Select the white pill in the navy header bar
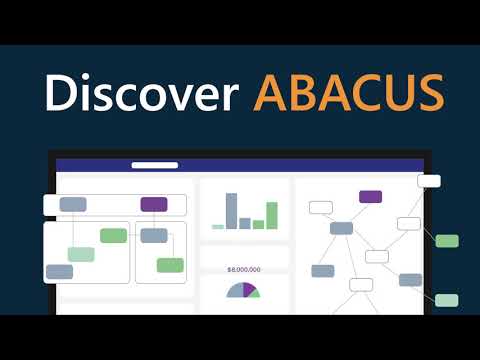coord(155,165)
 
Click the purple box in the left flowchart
coord(154,204)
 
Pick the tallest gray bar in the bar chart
coord(231,211)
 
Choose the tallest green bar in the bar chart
coord(272,215)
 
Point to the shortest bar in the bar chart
coord(218,227)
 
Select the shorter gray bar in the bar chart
coord(245,223)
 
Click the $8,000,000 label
coord(244,270)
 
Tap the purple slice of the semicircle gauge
coord(249,289)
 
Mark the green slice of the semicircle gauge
coord(255,294)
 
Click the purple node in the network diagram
coord(370,196)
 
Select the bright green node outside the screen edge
coord(447,241)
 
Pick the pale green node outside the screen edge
coord(447,300)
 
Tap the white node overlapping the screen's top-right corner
coord(429,181)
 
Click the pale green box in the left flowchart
coord(81,254)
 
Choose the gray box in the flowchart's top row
coord(73,204)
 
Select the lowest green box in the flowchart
coord(170,265)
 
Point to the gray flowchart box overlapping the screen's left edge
coord(59,271)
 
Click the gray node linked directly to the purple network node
coord(341,228)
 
